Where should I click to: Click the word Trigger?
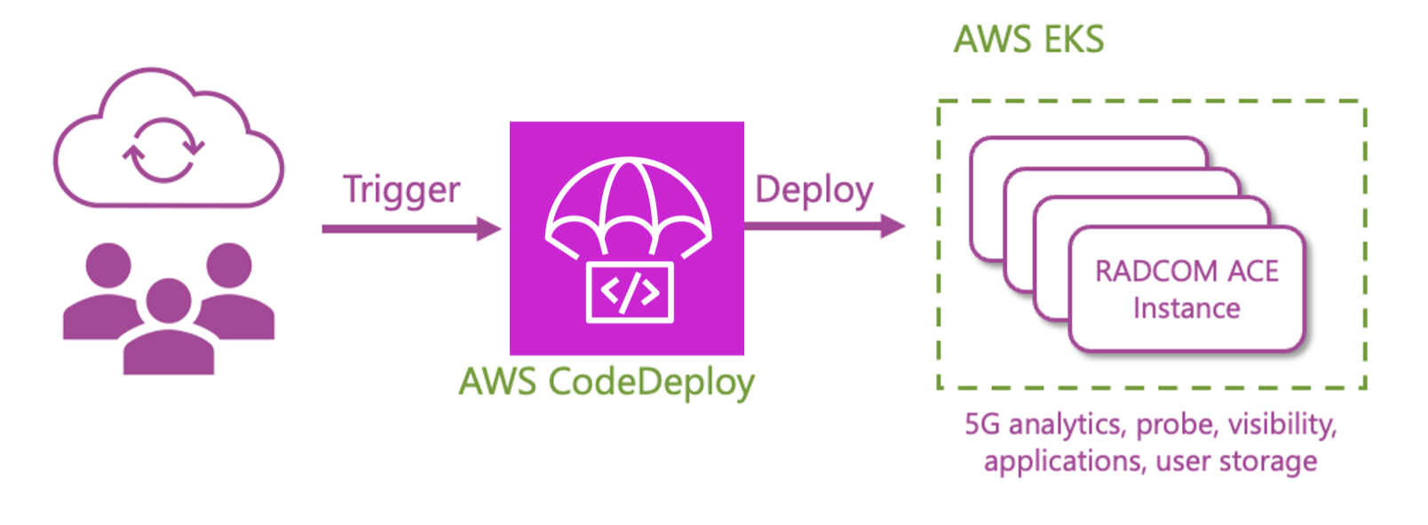click(x=401, y=190)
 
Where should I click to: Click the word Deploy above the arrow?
click(x=813, y=190)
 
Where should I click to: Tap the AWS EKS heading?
click(x=1028, y=40)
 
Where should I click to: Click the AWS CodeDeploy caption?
click(x=607, y=382)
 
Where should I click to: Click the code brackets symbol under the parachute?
click(x=630, y=291)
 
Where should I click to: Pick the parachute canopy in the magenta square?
click(x=628, y=200)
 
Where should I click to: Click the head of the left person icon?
click(x=108, y=265)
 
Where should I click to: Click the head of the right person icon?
click(x=229, y=265)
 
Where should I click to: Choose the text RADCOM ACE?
click(x=1186, y=271)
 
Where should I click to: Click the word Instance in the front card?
click(x=1186, y=308)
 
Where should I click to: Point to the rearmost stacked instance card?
click(x=1088, y=151)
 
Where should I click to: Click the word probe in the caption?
click(x=1177, y=425)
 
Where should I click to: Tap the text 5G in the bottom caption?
click(x=982, y=425)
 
